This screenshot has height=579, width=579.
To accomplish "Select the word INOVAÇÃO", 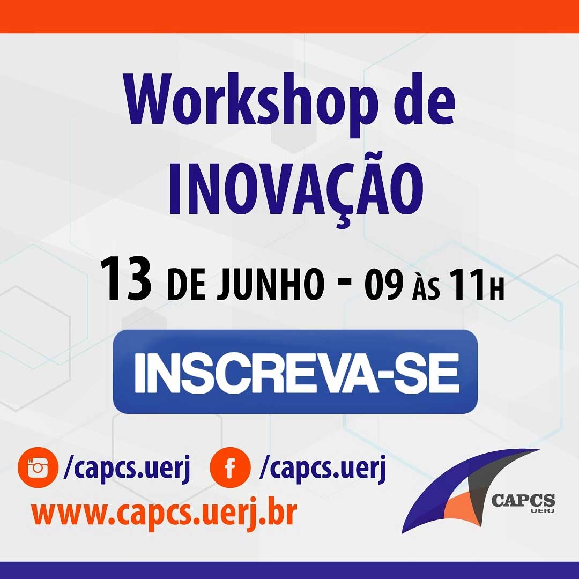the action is tap(296, 190).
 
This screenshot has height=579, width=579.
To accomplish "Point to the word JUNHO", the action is tap(271, 285).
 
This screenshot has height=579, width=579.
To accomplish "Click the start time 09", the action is tap(383, 284).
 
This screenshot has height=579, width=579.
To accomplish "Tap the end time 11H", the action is tap(477, 284).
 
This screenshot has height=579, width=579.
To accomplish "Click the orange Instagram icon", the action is tap(38, 467).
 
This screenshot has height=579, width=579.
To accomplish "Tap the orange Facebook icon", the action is tap(230, 467).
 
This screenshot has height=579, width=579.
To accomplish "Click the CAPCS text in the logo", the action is tap(523, 501).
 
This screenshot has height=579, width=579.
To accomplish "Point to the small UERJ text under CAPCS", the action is tap(542, 511).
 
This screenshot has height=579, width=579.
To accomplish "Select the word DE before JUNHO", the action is tap(186, 285).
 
